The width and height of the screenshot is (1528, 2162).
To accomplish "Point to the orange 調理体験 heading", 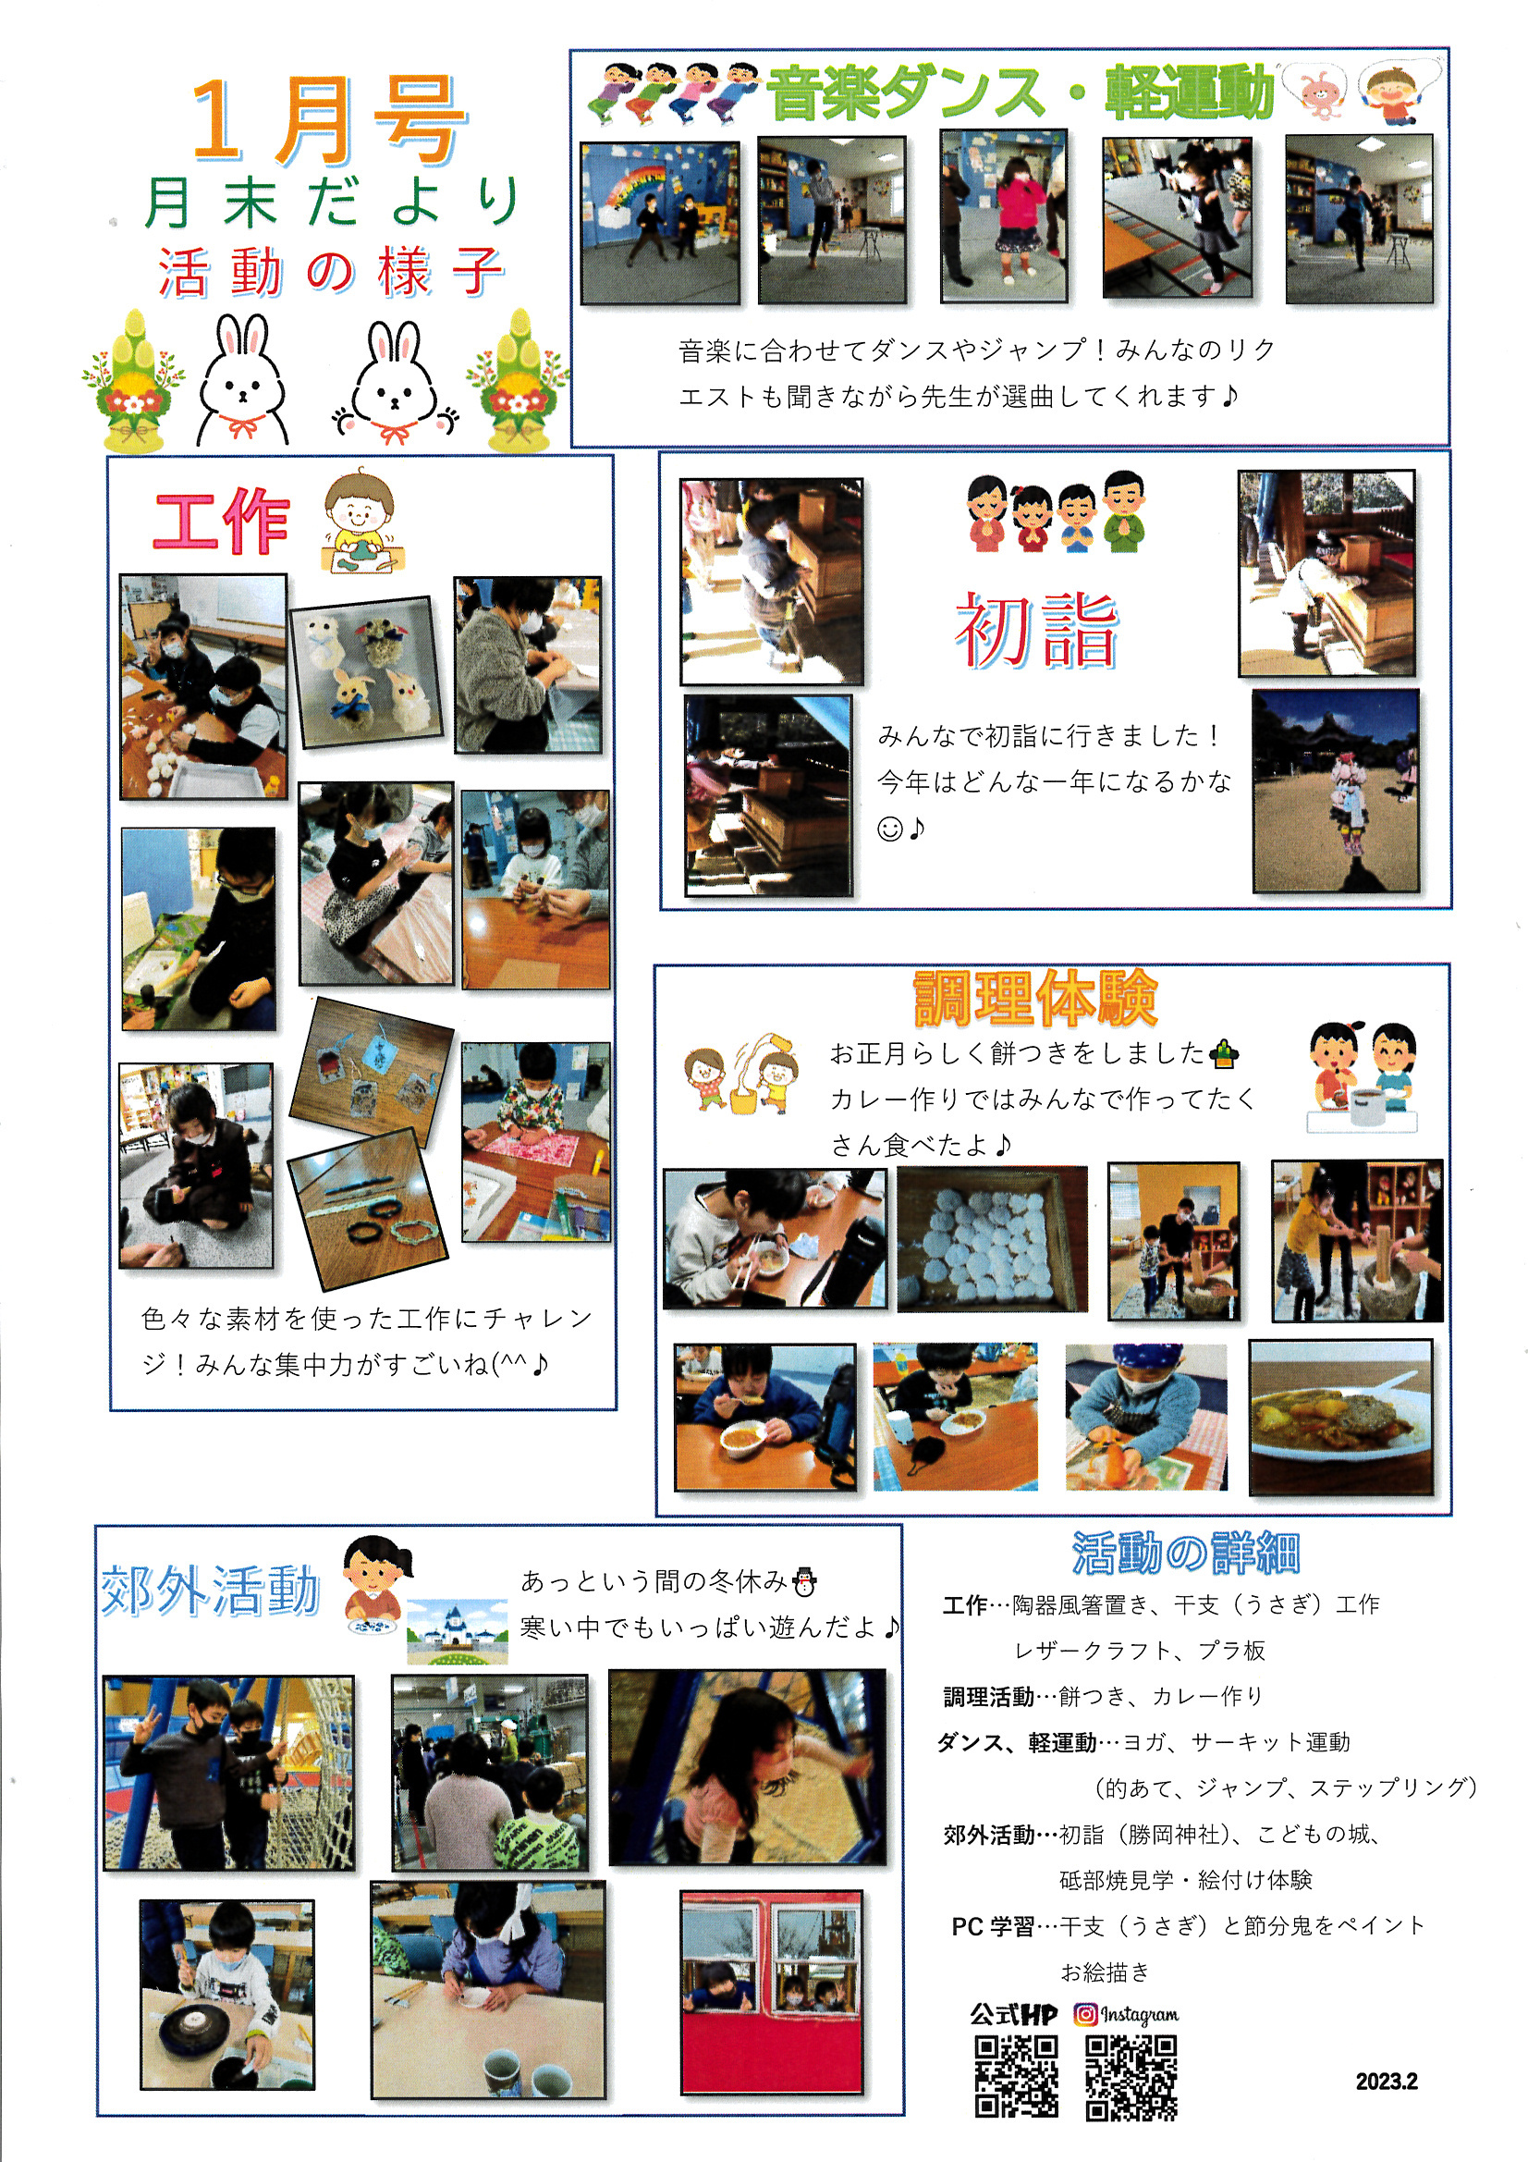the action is (1035, 998).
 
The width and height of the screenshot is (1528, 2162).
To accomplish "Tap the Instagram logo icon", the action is (1085, 2013).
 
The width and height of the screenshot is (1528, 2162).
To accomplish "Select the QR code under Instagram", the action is (1131, 2077).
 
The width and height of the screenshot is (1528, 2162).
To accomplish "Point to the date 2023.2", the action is (1386, 2081).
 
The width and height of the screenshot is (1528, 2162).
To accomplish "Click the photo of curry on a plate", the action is (1340, 1418).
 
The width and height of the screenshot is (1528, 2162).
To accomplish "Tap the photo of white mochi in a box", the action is (991, 1239).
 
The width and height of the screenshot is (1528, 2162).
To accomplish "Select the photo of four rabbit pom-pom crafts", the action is (367, 672).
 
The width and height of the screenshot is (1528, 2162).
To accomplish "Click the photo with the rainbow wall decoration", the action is (660, 223).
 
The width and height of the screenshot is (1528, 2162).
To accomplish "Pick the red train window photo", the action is (771, 1993).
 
